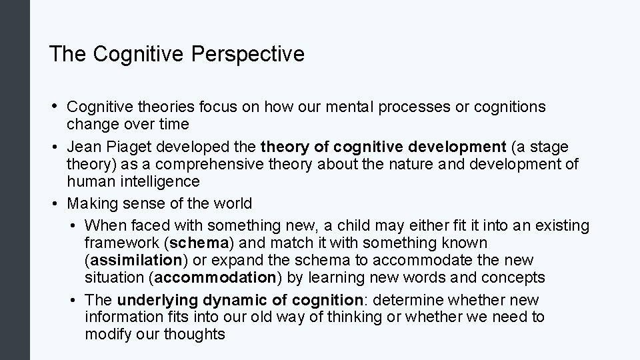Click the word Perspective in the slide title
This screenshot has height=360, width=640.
click(247, 54)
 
